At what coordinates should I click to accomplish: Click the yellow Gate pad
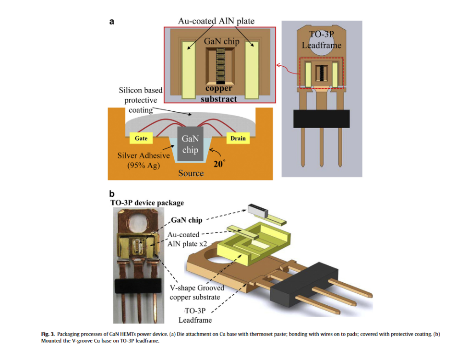(x=141, y=138)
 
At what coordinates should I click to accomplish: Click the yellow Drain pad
(x=238, y=138)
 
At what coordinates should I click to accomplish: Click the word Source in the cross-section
(x=191, y=173)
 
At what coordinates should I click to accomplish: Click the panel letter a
(x=112, y=22)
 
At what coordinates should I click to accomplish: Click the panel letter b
(x=112, y=193)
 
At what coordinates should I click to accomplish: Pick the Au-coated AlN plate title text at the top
(x=216, y=21)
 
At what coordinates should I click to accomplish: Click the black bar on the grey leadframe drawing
(x=322, y=118)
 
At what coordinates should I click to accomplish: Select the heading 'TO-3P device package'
(x=147, y=203)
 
